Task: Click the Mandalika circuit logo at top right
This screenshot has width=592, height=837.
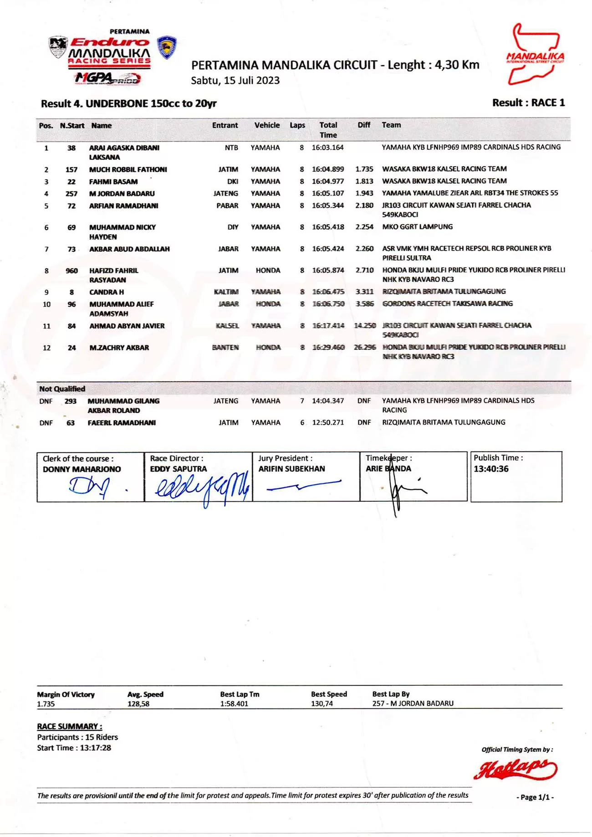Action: pyautogui.click(x=535, y=55)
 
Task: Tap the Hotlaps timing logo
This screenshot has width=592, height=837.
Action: pyautogui.click(x=515, y=769)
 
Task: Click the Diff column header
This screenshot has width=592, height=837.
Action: pyautogui.click(x=363, y=125)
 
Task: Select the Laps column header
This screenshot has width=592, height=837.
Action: pyautogui.click(x=297, y=125)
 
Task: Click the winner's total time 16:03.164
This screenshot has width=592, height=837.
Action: pyautogui.click(x=327, y=148)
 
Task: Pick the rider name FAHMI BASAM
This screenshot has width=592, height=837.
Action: pyautogui.click(x=113, y=181)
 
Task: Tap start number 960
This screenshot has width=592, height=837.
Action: pyautogui.click(x=71, y=271)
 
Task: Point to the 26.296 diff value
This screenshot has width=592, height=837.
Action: pyautogui.click(x=365, y=348)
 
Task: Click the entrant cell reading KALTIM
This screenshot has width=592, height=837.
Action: pyautogui.click(x=226, y=292)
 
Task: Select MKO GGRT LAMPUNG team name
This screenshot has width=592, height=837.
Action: pyautogui.click(x=417, y=227)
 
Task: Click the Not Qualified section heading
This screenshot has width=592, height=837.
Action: pyautogui.click(x=62, y=389)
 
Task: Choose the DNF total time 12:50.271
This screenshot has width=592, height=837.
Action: pyautogui.click(x=327, y=423)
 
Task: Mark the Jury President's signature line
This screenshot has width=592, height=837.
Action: pyautogui.click(x=303, y=486)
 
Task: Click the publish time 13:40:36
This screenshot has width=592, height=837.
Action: pyautogui.click(x=491, y=469)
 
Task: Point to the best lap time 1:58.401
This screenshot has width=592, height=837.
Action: pyautogui.click(x=234, y=704)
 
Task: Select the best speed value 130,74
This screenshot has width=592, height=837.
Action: pyautogui.click(x=322, y=704)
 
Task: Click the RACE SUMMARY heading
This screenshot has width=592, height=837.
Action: pyautogui.click(x=69, y=726)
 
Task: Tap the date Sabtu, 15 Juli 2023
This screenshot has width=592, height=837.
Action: pyautogui.click(x=235, y=81)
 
